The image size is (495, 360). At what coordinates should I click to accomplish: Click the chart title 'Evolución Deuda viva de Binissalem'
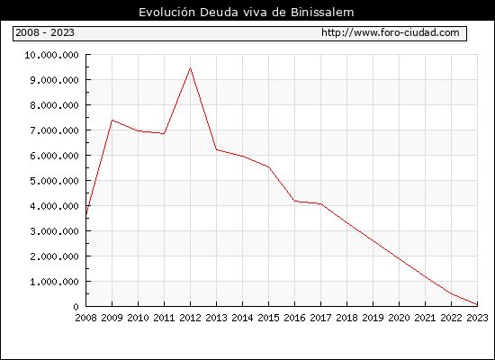[247, 13]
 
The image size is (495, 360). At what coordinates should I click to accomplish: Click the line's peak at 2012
[191, 67]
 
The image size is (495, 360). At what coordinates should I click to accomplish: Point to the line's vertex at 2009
[112, 120]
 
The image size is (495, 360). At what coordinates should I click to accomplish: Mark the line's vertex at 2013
[217, 149]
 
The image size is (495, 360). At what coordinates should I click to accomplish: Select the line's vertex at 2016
[295, 201]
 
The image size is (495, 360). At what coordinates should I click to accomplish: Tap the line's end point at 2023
[477, 305]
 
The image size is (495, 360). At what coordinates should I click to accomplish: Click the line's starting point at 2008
[86, 214]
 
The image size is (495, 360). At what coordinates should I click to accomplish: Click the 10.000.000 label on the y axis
[52, 55]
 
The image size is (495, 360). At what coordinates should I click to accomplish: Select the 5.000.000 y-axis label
[54, 181]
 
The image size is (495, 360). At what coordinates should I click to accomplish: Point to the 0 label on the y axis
[76, 307]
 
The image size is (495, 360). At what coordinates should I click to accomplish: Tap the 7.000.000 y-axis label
[54, 130]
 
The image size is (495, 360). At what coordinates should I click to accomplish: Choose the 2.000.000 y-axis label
[54, 256]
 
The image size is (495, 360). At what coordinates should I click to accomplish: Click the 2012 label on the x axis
[191, 318]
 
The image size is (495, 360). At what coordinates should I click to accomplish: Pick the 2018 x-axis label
[346, 318]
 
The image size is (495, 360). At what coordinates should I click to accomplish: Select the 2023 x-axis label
[477, 318]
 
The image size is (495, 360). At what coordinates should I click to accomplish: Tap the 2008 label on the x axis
[85, 318]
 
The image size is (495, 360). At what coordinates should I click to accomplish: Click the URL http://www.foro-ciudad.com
[391, 32]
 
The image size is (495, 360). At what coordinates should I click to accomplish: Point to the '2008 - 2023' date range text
[45, 32]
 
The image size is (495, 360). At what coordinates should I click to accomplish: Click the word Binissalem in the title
[322, 13]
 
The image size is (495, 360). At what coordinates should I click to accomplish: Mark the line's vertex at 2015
[269, 167]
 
